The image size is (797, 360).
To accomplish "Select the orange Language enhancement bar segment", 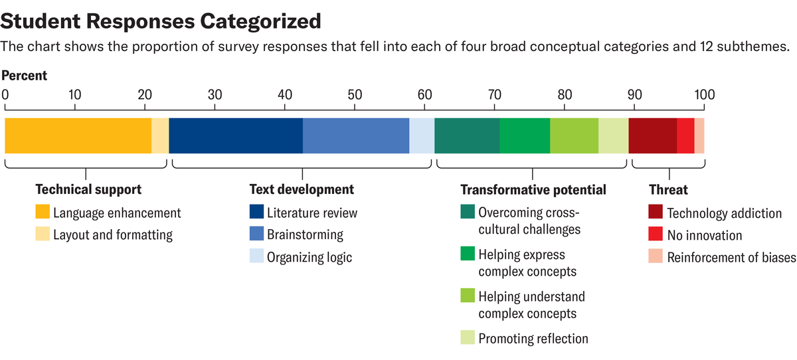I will pyautogui.click(x=78, y=135).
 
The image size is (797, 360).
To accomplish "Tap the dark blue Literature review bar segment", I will pyautogui.click(x=236, y=135).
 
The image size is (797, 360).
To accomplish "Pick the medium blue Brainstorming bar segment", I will pyautogui.click(x=356, y=135).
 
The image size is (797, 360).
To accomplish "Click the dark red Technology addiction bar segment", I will pyautogui.click(x=652, y=135).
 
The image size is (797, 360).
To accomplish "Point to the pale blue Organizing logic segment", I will pyautogui.click(x=422, y=135).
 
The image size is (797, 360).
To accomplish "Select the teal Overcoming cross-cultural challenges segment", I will pyautogui.click(x=467, y=135).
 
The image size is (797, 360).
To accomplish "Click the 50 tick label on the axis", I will pyautogui.click(x=355, y=94).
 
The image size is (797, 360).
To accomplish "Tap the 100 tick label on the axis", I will pyautogui.click(x=703, y=94).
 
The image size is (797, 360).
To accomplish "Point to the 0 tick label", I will pyautogui.click(x=6, y=94).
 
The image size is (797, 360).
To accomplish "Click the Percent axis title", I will pyautogui.click(x=25, y=76).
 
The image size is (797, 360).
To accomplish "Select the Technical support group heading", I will pyautogui.click(x=88, y=190).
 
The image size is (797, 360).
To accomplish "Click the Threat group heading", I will pyautogui.click(x=668, y=190).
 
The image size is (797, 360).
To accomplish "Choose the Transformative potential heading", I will pyautogui.click(x=533, y=190).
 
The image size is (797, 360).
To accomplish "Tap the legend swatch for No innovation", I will pyautogui.click(x=656, y=235).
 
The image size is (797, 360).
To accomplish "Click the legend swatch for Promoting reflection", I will pyautogui.click(x=468, y=338).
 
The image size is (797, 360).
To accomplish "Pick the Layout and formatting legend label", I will pyautogui.click(x=113, y=234).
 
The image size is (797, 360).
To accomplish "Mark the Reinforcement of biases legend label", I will pyautogui.click(x=731, y=258).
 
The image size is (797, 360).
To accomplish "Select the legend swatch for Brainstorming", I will pyautogui.click(x=256, y=234).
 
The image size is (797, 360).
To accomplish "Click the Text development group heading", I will pyautogui.click(x=302, y=190).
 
